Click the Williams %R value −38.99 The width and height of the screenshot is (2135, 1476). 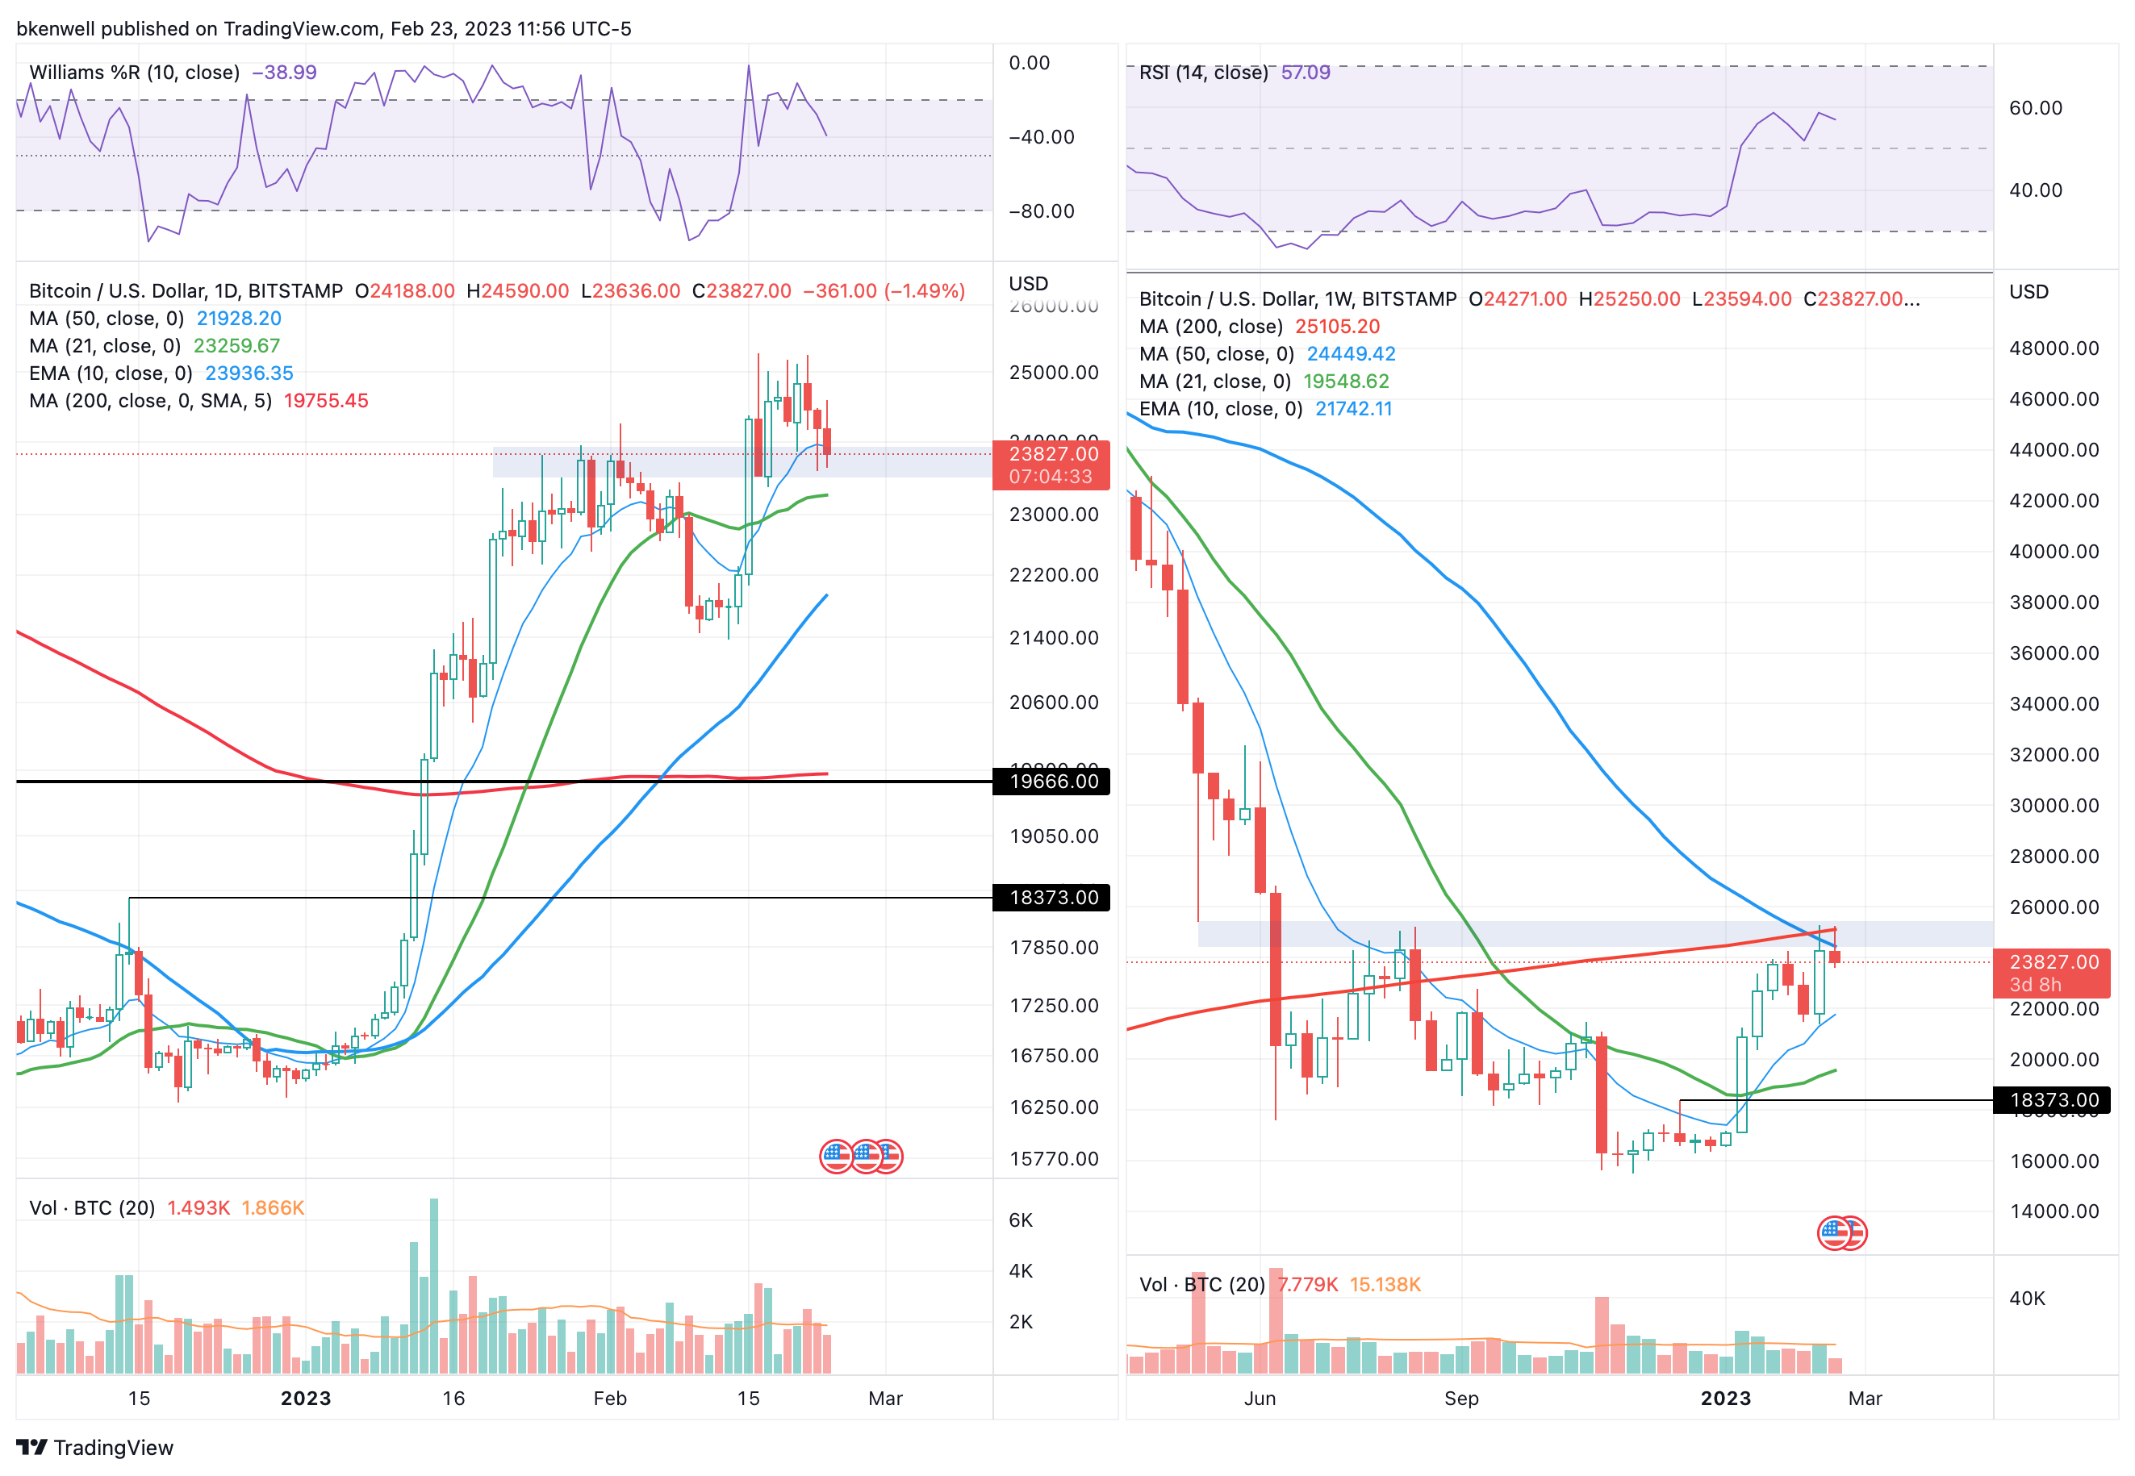pos(284,72)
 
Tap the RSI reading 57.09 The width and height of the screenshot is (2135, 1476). pos(1306,72)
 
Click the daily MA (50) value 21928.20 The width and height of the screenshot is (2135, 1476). pos(239,318)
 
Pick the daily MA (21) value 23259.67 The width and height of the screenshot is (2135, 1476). pos(236,346)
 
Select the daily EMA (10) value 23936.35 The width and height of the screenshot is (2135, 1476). pos(249,373)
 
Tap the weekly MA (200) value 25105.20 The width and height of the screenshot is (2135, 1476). pos(1337,327)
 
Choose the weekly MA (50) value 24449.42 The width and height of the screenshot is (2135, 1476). pos(1351,353)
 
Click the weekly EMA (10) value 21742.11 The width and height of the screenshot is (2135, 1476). pos(1353,409)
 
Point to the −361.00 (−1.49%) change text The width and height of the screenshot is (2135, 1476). pos(884,290)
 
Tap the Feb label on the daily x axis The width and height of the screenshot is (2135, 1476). pos(610,1399)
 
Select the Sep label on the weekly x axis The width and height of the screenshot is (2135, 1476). pos(1460,1399)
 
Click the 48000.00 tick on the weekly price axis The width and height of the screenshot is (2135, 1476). pos(2054,348)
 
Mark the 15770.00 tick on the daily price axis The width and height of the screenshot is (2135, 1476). pos(1054,1159)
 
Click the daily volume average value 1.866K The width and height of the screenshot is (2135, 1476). pos(272,1207)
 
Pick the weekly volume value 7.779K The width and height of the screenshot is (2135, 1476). pos(1307,1285)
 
